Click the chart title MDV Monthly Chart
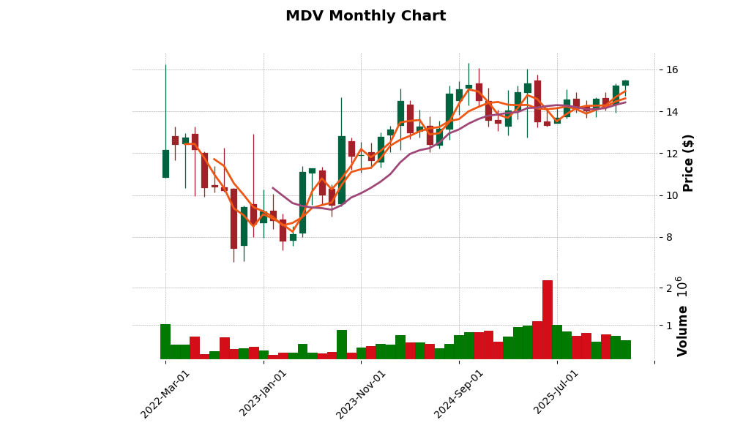point(365,16)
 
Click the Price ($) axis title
point(688,162)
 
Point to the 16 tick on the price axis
point(672,70)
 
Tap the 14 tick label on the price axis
point(672,112)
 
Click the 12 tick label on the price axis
point(672,154)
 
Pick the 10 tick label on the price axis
point(672,195)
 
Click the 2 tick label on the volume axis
point(668,288)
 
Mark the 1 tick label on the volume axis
point(668,326)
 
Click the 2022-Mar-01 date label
point(165,394)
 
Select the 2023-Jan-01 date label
point(264,394)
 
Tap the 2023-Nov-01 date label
point(361,394)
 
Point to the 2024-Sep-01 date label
point(459,394)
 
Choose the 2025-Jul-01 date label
point(556,394)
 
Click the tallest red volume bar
point(547,320)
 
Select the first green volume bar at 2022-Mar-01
point(165,342)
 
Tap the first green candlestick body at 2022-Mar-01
point(165,164)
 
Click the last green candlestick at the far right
point(625,83)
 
